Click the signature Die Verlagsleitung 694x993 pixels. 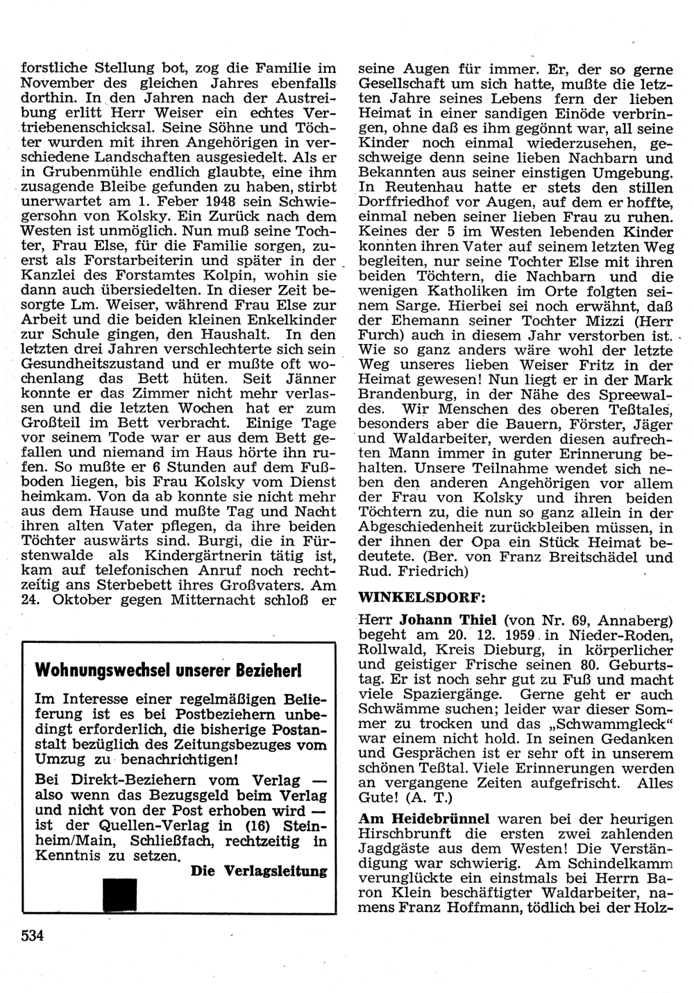[258, 872]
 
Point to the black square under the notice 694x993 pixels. [119, 893]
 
